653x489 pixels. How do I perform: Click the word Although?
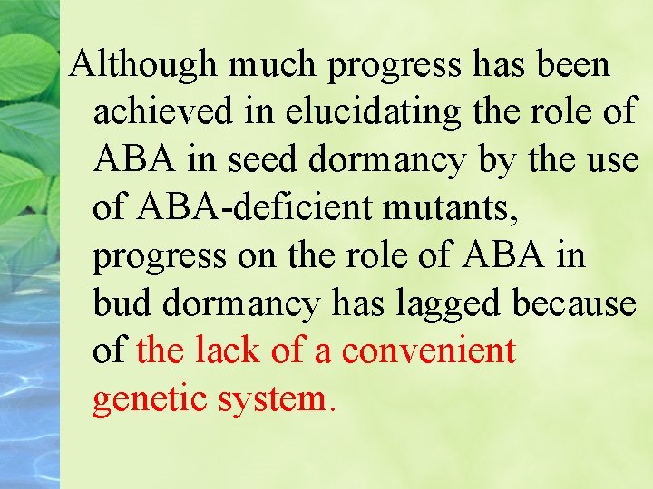145,65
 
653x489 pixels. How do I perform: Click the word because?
574,303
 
